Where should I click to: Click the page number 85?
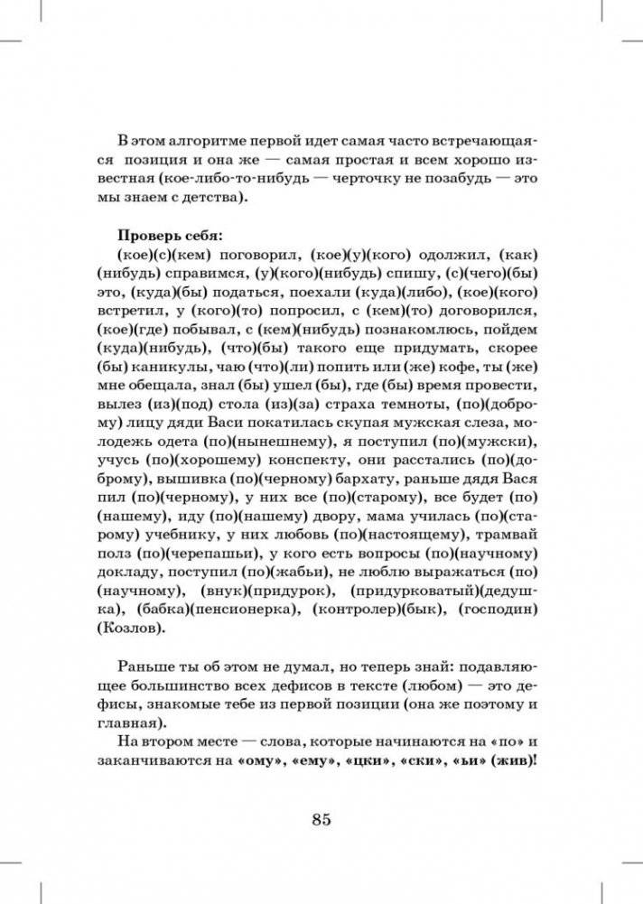tap(322, 819)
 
